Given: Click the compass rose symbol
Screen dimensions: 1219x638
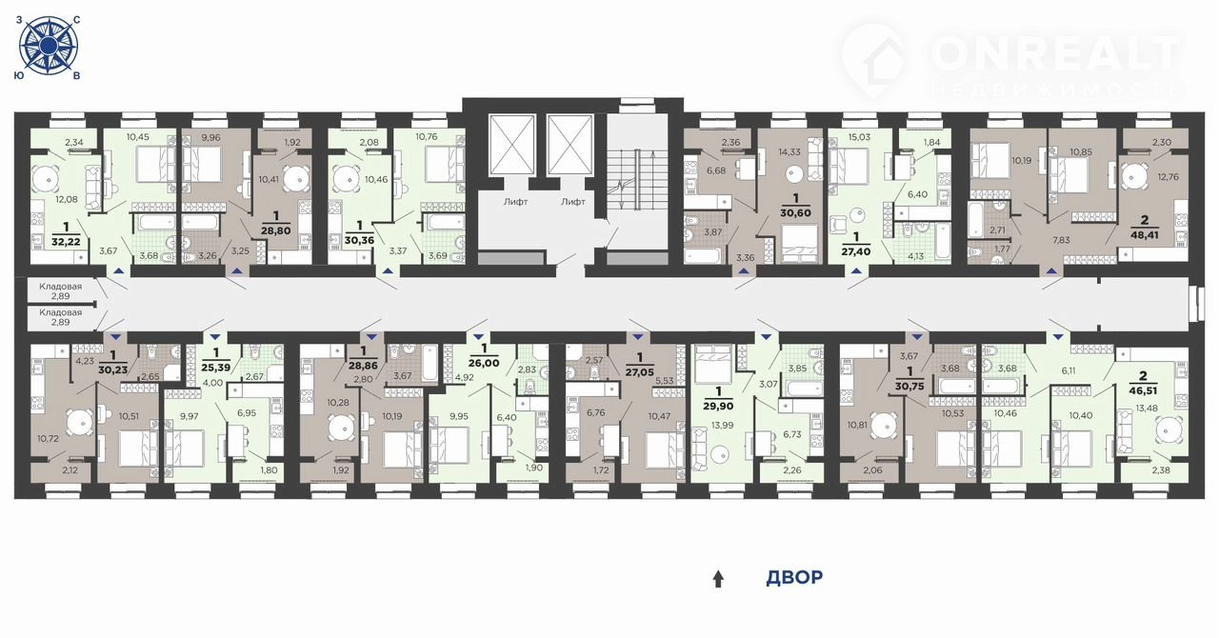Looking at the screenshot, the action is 49,45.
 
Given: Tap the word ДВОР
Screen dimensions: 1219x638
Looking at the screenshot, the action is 794,577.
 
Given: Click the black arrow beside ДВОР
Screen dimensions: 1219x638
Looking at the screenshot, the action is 718,579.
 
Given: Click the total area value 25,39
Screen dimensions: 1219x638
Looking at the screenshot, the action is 215,368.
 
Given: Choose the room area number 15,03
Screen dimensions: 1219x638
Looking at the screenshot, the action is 859,137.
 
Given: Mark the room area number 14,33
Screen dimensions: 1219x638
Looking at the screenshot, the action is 789,152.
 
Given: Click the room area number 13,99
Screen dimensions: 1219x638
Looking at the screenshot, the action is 722,426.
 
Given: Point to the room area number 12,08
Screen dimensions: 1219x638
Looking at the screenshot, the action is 67,200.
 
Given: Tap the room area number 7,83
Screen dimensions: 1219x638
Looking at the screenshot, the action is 1061,240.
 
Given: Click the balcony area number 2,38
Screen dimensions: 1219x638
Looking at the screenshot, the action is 1161,470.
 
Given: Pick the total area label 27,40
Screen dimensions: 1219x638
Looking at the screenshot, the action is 856,252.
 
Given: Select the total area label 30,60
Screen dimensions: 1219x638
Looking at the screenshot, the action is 795,213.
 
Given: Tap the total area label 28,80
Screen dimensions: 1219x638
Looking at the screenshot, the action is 276,230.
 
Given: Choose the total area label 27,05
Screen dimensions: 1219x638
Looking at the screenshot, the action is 639,373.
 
